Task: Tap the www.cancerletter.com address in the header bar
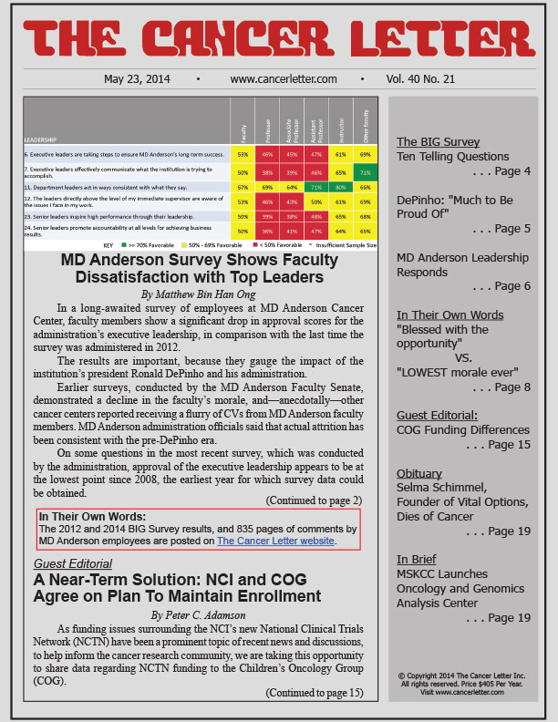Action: point(284,79)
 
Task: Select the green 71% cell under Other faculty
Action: point(364,172)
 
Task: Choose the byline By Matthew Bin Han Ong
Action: point(199,294)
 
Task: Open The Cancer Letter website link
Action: point(275,541)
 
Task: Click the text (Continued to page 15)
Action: point(315,692)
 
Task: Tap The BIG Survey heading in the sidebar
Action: point(437,141)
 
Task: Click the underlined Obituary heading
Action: point(419,473)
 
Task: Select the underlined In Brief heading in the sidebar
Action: point(416,559)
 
